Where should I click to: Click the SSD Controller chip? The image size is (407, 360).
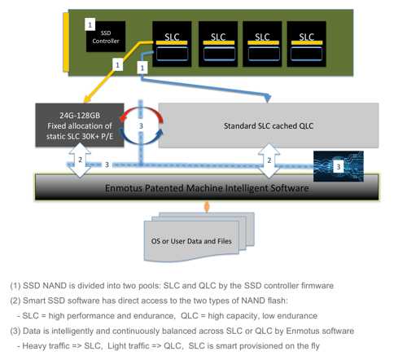pyautogui.click(x=106, y=37)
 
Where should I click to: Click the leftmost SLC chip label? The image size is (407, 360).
pyautogui.click(x=172, y=37)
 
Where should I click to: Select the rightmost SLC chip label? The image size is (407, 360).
pyautogui.click(x=306, y=37)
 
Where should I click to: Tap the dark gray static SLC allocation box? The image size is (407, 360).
pyautogui.click(x=80, y=125)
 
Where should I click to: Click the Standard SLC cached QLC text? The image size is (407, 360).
pyautogui.click(x=269, y=126)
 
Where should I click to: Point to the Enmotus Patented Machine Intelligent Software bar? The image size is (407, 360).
pyautogui.click(x=207, y=187)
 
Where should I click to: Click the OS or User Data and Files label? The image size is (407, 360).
pyautogui.click(x=191, y=241)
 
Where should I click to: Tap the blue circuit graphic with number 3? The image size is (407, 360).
pyautogui.click(x=339, y=166)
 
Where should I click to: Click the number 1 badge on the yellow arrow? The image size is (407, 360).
pyautogui.click(x=117, y=65)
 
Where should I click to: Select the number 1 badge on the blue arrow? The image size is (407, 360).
pyautogui.click(x=142, y=68)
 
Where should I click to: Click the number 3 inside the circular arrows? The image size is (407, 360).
pyautogui.click(x=141, y=126)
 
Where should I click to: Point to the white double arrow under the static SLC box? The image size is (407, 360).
pyautogui.click(x=80, y=160)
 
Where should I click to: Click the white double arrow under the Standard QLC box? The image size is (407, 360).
pyautogui.click(x=269, y=160)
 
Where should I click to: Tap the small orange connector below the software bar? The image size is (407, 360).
pyautogui.click(x=207, y=207)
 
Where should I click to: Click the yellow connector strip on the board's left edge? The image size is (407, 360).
pyautogui.click(x=66, y=42)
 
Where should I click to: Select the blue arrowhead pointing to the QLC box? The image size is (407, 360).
pyautogui.click(x=268, y=98)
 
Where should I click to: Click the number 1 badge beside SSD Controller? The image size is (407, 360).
pyautogui.click(x=90, y=24)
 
